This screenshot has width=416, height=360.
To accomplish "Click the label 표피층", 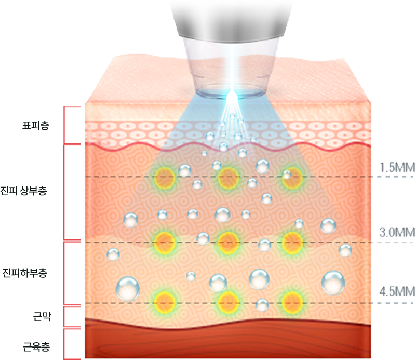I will coord(36,125).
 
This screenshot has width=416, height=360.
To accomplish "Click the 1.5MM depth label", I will coord(397,167).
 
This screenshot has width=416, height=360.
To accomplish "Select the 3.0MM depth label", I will coord(397,232).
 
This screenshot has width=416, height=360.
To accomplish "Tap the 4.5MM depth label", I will coord(397,291).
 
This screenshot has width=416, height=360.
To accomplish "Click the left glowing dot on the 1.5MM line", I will coord(165,178).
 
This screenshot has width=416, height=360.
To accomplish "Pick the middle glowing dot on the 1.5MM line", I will coord(228,178).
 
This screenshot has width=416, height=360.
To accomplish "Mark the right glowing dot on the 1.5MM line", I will coord(291,178).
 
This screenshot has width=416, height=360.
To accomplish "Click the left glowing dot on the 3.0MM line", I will coord(165,241).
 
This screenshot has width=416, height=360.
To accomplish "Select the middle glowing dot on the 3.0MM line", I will coord(228,241).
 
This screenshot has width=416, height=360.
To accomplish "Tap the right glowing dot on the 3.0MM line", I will coord(292,241).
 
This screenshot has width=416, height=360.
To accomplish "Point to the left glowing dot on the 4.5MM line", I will coord(165,301).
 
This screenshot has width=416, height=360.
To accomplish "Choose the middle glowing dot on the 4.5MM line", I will coord(228,301).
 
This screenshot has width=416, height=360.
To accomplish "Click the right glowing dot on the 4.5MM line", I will coord(292,301).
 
